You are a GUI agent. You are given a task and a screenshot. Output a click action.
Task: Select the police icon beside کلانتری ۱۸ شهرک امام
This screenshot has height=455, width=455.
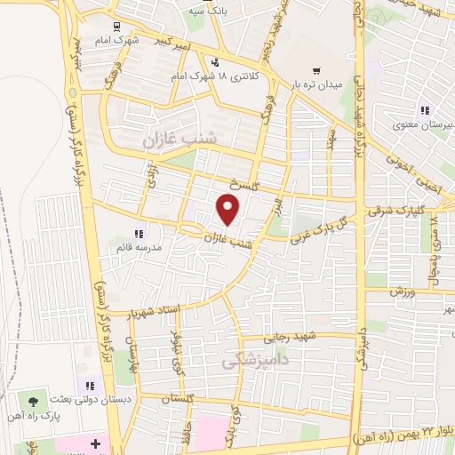tap(214, 63)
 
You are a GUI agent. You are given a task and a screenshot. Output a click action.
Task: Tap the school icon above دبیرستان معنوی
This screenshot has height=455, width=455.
tap(424, 110)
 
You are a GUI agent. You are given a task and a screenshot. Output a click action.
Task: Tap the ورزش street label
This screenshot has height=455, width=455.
tap(402, 291)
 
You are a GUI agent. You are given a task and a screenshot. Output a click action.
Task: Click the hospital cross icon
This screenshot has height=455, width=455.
tap(95, 442)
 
